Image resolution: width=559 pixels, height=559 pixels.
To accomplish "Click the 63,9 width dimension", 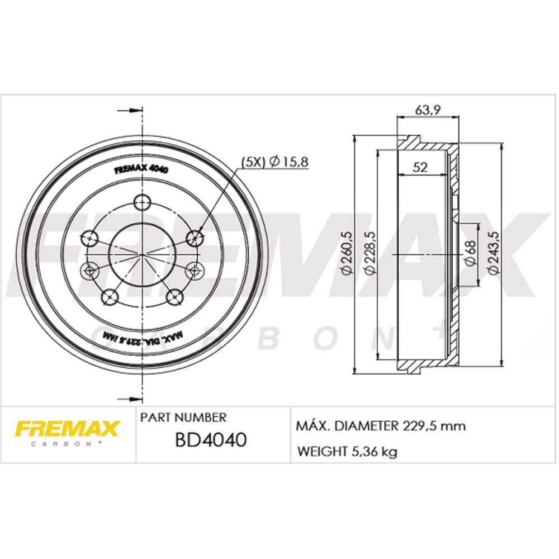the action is click(x=428, y=110).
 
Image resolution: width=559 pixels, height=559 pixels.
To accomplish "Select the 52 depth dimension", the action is click(x=420, y=167).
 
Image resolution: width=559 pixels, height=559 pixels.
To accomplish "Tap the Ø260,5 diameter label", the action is click(x=347, y=253).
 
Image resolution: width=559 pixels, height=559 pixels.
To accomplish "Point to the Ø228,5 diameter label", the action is click(x=371, y=253).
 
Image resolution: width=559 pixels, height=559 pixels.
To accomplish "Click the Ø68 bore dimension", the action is click(x=470, y=253).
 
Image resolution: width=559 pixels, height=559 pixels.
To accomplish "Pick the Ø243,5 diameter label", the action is click(x=494, y=253).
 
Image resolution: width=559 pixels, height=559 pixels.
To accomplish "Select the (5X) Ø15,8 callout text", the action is click(x=274, y=162).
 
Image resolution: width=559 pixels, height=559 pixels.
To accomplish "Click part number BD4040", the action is click(x=211, y=439).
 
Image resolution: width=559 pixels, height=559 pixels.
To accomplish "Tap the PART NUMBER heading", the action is click(x=183, y=417).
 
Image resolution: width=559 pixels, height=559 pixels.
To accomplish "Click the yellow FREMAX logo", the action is click(x=67, y=429).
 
